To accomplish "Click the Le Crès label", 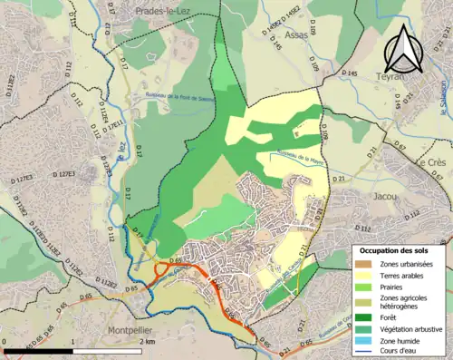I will [429, 162].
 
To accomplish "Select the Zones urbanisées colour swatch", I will [362, 264].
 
